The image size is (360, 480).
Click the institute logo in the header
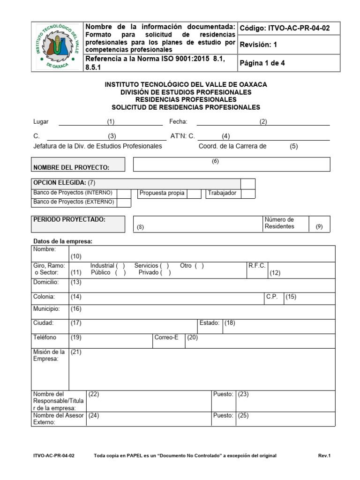tap(56, 47)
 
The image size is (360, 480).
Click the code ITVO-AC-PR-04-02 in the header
tap(285, 28)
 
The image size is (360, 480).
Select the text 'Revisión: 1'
tap(258, 45)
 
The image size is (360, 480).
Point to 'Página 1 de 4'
tap(262, 63)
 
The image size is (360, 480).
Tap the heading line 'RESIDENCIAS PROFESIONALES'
tap(186, 100)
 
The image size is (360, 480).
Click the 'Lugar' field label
tap(41, 122)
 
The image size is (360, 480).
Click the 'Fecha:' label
tap(178, 122)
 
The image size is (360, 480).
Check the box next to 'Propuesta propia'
tap(194, 194)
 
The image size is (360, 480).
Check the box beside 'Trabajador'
tap(248, 194)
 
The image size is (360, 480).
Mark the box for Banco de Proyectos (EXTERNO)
tap(124, 202)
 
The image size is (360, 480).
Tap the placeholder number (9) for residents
tap(319, 227)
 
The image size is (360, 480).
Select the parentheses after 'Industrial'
tap(120, 266)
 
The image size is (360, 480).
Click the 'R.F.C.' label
tap(257, 266)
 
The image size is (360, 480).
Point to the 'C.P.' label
tap(272, 297)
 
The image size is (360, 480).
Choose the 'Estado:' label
tap(210, 323)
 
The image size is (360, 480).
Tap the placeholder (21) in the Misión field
tap(76, 352)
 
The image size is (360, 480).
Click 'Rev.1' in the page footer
tap(324, 456)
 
